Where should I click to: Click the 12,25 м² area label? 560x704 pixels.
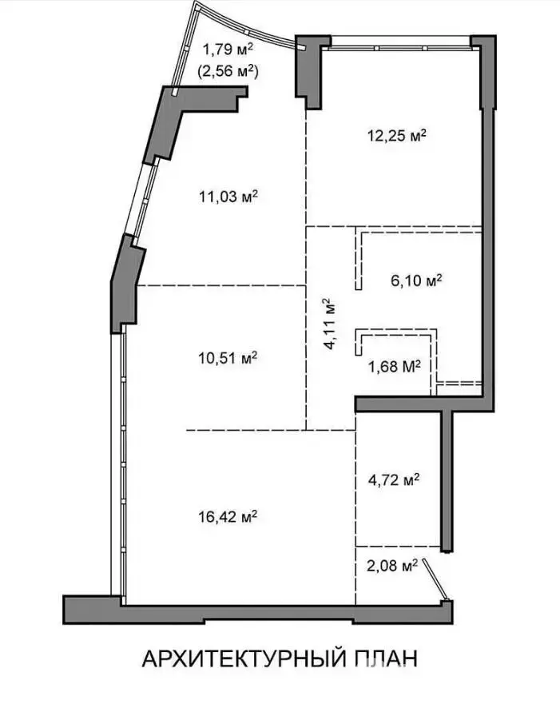397,135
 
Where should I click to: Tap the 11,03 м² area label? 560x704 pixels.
228,197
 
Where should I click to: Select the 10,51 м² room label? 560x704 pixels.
228,358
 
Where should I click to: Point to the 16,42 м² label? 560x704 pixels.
228,516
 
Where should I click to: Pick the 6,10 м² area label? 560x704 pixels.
416,280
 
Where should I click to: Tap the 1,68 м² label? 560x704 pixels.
395,366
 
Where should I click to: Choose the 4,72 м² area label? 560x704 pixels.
394,480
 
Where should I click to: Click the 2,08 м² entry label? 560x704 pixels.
392,565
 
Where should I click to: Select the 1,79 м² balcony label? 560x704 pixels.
228,49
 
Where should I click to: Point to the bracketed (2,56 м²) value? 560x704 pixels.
228,70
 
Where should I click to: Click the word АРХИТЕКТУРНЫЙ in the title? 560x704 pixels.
244,658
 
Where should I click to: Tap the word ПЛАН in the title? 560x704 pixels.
387,658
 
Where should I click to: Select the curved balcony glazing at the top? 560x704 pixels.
242,28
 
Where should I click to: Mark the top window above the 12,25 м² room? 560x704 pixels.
400,44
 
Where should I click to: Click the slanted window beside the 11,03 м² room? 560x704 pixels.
141,200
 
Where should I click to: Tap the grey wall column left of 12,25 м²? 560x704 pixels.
308,72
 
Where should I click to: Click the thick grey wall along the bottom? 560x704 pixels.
257,611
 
